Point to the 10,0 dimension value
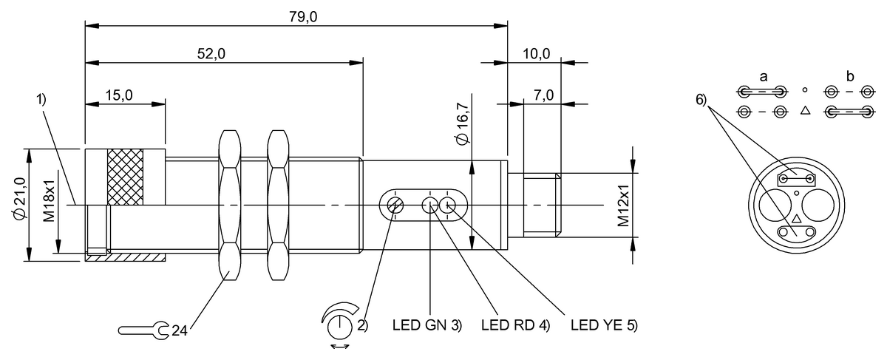[x=536, y=53]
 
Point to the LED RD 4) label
[x=516, y=325]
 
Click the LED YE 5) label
[x=605, y=325]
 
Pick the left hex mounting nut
[x=228, y=205]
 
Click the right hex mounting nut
[x=278, y=205]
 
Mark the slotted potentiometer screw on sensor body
[x=394, y=205]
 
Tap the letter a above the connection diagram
[x=763, y=76]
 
